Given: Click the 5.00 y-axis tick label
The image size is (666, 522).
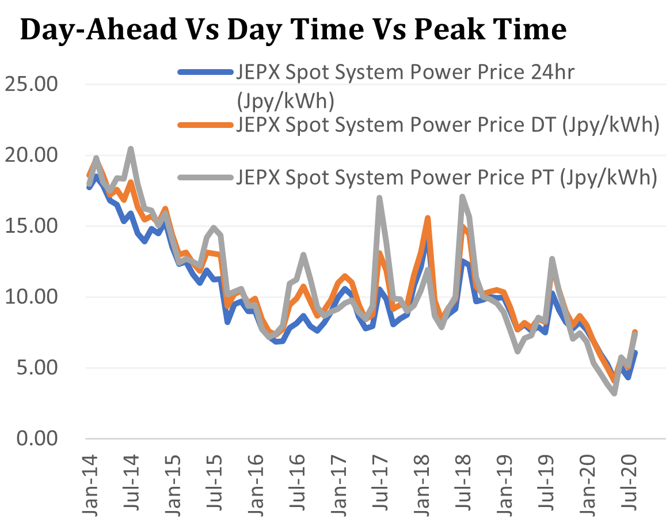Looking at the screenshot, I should click(x=37, y=368).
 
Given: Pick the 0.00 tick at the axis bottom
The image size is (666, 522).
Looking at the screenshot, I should click(x=37, y=439).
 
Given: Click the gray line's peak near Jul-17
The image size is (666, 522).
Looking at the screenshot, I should click(x=379, y=198).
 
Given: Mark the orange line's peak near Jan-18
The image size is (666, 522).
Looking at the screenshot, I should click(x=428, y=218).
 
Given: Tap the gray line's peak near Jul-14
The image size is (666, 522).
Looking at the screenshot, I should click(x=131, y=149).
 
